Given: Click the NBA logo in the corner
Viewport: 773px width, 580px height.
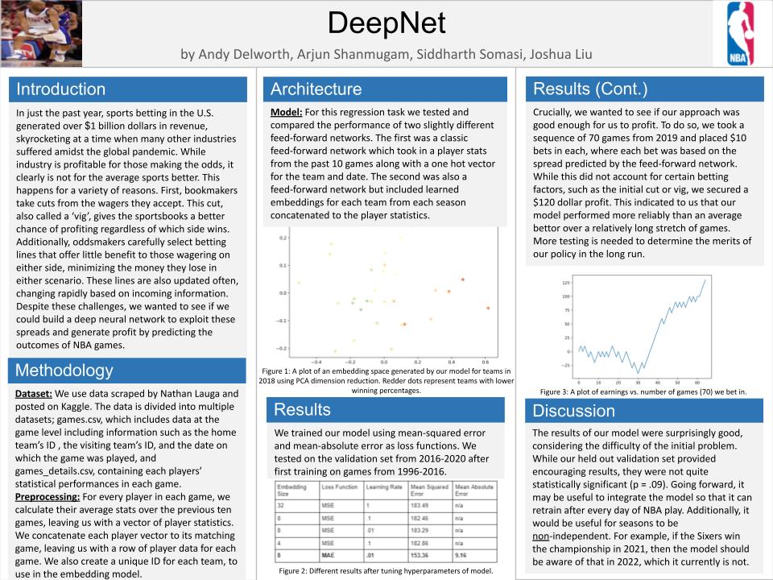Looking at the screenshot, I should (x=741, y=32).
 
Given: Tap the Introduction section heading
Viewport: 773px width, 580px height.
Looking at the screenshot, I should (x=60, y=89).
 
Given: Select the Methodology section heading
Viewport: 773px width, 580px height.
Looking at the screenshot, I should (x=65, y=371).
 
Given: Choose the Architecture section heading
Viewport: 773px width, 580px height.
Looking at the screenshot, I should (x=316, y=89).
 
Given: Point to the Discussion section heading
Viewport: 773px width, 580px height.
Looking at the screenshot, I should (x=573, y=411).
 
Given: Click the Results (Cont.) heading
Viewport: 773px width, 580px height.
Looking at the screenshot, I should (x=590, y=89).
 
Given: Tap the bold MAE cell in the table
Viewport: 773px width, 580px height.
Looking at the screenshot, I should (x=329, y=554).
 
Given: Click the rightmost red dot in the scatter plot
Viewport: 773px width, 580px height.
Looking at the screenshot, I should (x=488, y=308).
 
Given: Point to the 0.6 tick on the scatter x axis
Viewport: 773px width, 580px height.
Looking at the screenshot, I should (x=485, y=362).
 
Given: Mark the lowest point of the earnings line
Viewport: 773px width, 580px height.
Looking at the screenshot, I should (x=636, y=372).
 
